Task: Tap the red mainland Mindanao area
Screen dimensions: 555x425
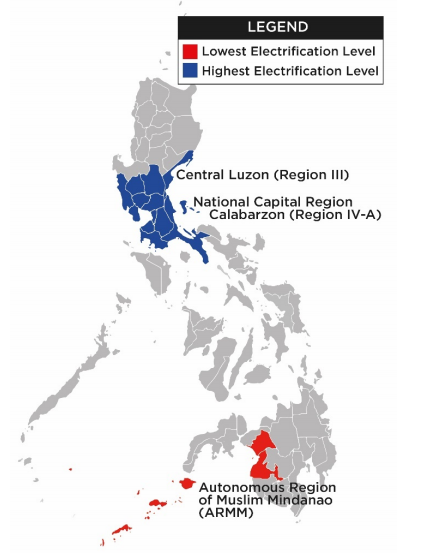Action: click(264, 455)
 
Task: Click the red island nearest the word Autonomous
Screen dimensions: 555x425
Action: click(187, 484)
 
